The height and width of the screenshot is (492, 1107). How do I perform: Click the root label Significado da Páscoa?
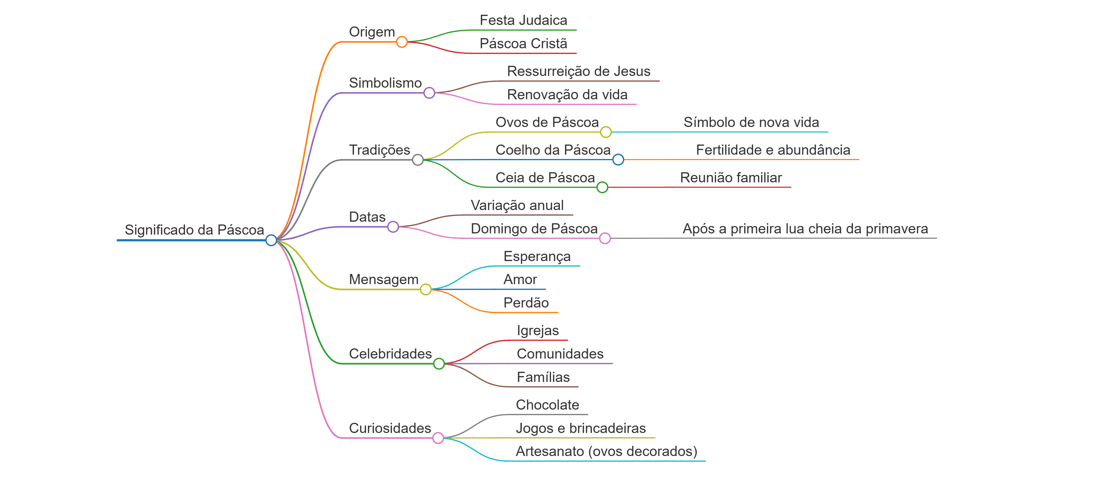(x=194, y=230)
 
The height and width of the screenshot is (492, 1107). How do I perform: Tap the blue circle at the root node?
(x=271, y=240)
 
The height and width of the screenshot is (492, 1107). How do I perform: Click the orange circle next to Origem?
(x=402, y=42)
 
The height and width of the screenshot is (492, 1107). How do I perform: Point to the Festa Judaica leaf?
(x=523, y=20)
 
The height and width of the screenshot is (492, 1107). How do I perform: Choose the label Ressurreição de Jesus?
(x=578, y=71)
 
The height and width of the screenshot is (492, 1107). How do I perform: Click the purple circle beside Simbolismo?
(x=429, y=93)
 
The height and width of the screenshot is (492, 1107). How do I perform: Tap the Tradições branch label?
(x=379, y=150)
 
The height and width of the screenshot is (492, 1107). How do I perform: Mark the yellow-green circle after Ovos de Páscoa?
(x=606, y=132)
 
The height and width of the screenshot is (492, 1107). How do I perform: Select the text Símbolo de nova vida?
(x=751, y=122)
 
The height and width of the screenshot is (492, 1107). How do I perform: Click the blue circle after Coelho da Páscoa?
(x=618, y=159)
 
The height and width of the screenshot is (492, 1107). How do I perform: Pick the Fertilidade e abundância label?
(x=773, y=150)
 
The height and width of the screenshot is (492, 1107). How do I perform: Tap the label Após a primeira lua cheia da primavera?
(x=805, y=229)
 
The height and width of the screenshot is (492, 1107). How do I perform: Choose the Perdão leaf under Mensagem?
(x=526, y=303)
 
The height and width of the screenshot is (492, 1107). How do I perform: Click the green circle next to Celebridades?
(x=439, y=363)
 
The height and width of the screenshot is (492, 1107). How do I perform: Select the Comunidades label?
(x=560, y=354)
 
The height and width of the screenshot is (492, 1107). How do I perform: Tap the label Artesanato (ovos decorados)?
(x=606, y=452)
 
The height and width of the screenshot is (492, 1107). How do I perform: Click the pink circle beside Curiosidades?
(x=438, y=438)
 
